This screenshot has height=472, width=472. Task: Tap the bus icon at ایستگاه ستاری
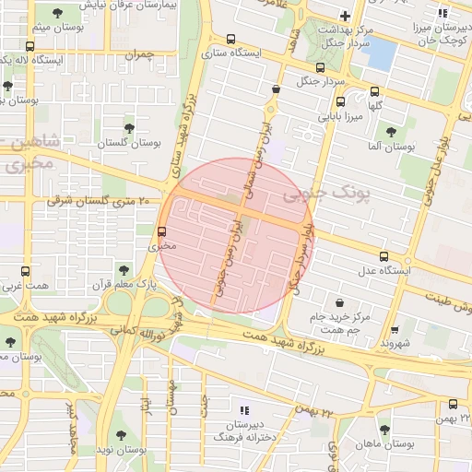point(230,40)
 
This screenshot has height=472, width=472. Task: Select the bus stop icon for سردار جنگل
point(320,67)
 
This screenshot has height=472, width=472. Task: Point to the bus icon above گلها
point(374,91)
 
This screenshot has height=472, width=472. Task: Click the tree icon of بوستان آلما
point(391,132)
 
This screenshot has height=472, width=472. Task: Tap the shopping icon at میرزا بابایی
point(277,89)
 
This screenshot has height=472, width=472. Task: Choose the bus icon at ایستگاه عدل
point(384,256)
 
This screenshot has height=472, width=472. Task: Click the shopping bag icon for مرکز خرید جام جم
point(340,301)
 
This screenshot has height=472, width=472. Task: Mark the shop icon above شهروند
point(395,329)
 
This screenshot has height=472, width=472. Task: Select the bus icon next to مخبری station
point(162,231)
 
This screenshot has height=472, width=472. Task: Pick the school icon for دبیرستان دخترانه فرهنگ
point(243,410)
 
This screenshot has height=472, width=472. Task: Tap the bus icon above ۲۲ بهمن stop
point(453,404)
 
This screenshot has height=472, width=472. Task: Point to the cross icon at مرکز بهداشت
point(345,16)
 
